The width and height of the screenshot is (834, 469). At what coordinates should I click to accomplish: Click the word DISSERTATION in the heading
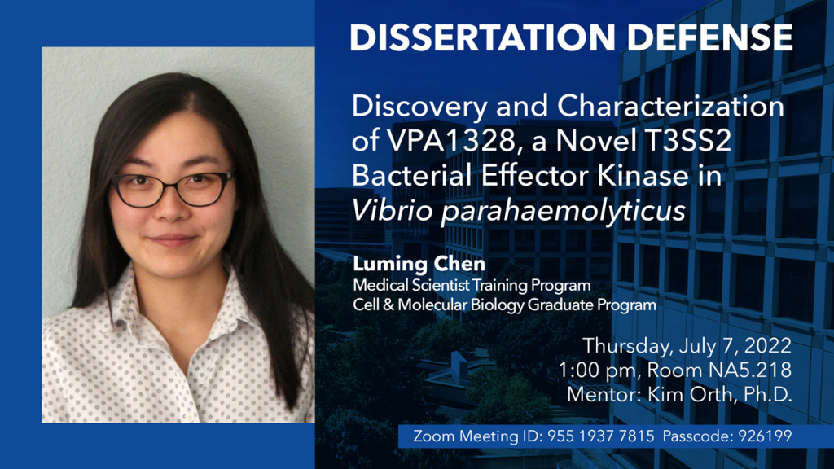click(482, 37)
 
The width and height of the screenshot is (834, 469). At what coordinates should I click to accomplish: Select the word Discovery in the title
click(419, 107)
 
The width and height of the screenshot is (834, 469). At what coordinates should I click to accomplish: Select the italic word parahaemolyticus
click(564, 212)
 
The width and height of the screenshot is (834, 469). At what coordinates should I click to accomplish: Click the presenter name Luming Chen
click(419, 264)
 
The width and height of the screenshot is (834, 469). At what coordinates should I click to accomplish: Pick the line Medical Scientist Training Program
click(472, 286)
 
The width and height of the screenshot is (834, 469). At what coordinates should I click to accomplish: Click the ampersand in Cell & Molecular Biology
click(388, 305)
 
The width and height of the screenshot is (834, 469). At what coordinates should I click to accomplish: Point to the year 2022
click(767, 345)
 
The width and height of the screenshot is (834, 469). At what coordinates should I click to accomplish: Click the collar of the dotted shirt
click(176, 298)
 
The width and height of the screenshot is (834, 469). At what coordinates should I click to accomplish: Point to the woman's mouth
click(171, 240)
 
